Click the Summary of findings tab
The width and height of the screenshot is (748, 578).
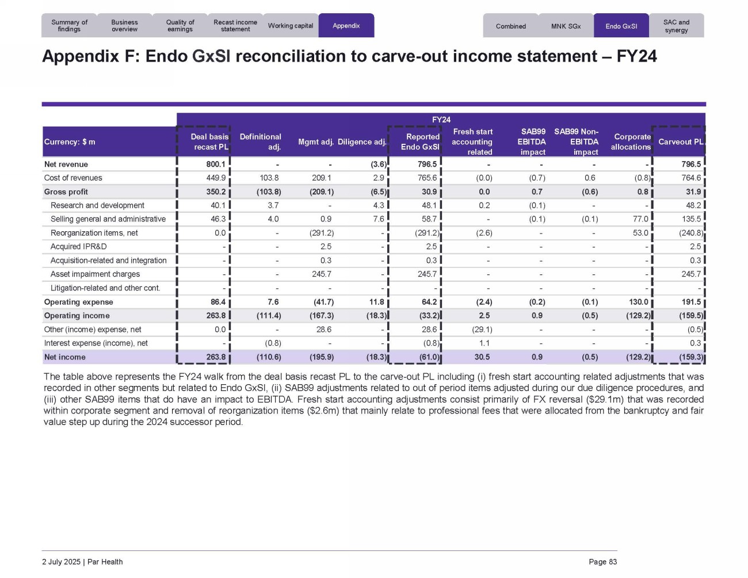[69, 26]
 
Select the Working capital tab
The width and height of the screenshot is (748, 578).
[290, 26]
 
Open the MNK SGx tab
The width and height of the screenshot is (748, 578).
[566, 26]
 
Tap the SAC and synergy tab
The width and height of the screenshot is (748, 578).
[676, 26]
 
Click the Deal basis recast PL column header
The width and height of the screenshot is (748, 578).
[209, 142]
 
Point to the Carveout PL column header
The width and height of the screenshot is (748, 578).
[680, 142]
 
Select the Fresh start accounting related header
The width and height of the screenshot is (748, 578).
[472, 142]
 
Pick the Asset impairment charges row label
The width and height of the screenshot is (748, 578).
[95, 274]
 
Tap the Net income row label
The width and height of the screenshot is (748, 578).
[64, 357]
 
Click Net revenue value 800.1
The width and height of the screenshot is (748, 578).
[216, 164]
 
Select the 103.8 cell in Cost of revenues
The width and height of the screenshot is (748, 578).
[269, 178]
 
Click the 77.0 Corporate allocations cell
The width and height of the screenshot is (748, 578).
[640, 219]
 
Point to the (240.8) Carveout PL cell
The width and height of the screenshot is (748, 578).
[690, 233]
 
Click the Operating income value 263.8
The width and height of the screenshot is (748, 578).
[216, 316]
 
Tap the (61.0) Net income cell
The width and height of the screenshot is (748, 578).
[429, 357]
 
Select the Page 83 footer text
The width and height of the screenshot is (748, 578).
[602, 562]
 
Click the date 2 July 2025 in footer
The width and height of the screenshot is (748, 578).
[61, 562]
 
